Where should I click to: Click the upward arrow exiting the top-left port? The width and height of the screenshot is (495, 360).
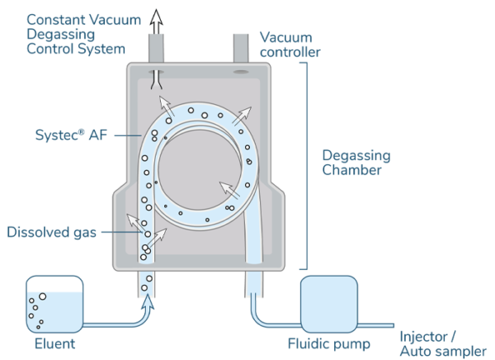click(158, 21)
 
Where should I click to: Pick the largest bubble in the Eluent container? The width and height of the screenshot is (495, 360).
click(42, 296)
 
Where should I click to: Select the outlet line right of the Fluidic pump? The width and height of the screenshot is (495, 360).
click(379, 324)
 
